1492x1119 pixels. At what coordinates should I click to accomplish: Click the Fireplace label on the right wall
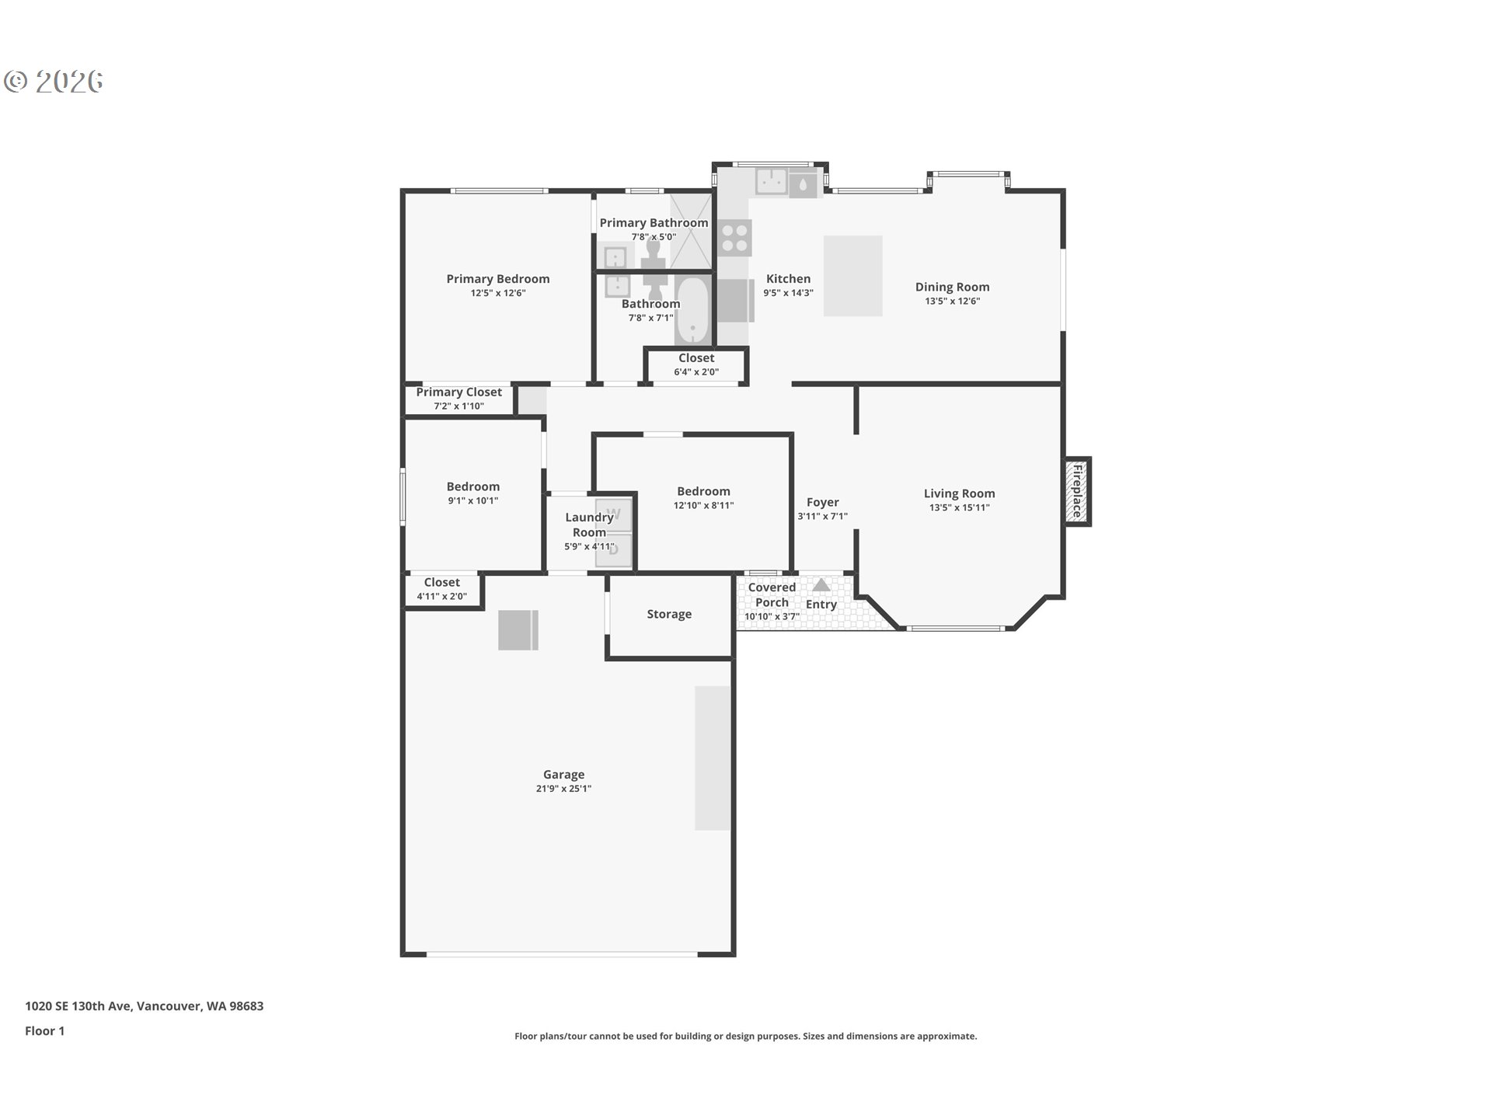[1077, 491]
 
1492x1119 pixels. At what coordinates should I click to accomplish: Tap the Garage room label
[563, 774]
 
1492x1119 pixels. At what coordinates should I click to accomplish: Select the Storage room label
[669, 614]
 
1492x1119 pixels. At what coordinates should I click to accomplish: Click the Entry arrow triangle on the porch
[821, 584]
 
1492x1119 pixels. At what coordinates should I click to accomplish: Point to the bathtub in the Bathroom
[692, 311]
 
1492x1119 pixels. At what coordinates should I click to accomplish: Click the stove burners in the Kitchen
[734, 238]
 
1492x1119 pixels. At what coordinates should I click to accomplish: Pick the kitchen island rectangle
[852, 276]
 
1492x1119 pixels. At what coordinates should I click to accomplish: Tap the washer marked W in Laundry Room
[614, 514]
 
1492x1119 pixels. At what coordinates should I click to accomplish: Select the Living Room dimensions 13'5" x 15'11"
[959, 507]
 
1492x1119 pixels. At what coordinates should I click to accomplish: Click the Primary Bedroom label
[497, 278]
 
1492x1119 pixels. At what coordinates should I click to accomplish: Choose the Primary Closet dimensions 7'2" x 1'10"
[458, 406]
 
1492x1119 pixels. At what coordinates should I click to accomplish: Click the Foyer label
[822, 502]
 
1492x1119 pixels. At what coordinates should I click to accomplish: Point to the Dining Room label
[952, 287]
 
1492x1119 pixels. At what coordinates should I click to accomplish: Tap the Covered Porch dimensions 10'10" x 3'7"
[772, 616]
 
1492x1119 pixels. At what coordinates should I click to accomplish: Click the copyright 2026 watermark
[54, 81]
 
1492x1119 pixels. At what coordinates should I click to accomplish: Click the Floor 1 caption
[44, 1030]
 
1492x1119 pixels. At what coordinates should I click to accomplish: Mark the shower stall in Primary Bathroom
[691, 231]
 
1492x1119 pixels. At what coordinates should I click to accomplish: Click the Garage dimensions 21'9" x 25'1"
[563, 789]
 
